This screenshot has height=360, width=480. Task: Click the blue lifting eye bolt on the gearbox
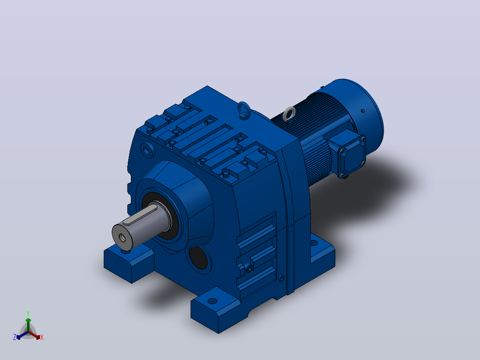tap(244, 109)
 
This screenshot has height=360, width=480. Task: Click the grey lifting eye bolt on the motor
tap(289, 114)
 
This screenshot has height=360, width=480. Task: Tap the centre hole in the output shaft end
tap(122, 237)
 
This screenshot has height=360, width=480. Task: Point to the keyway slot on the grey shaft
tap(140, 215)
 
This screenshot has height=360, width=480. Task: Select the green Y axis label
tap(28, 313)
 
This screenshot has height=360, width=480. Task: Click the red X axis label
tap(42, 337)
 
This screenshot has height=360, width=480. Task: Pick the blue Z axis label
tap(15, 337)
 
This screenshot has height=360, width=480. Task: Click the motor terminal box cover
tap(352, 155)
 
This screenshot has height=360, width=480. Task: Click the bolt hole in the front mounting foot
tap(212, 301)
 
